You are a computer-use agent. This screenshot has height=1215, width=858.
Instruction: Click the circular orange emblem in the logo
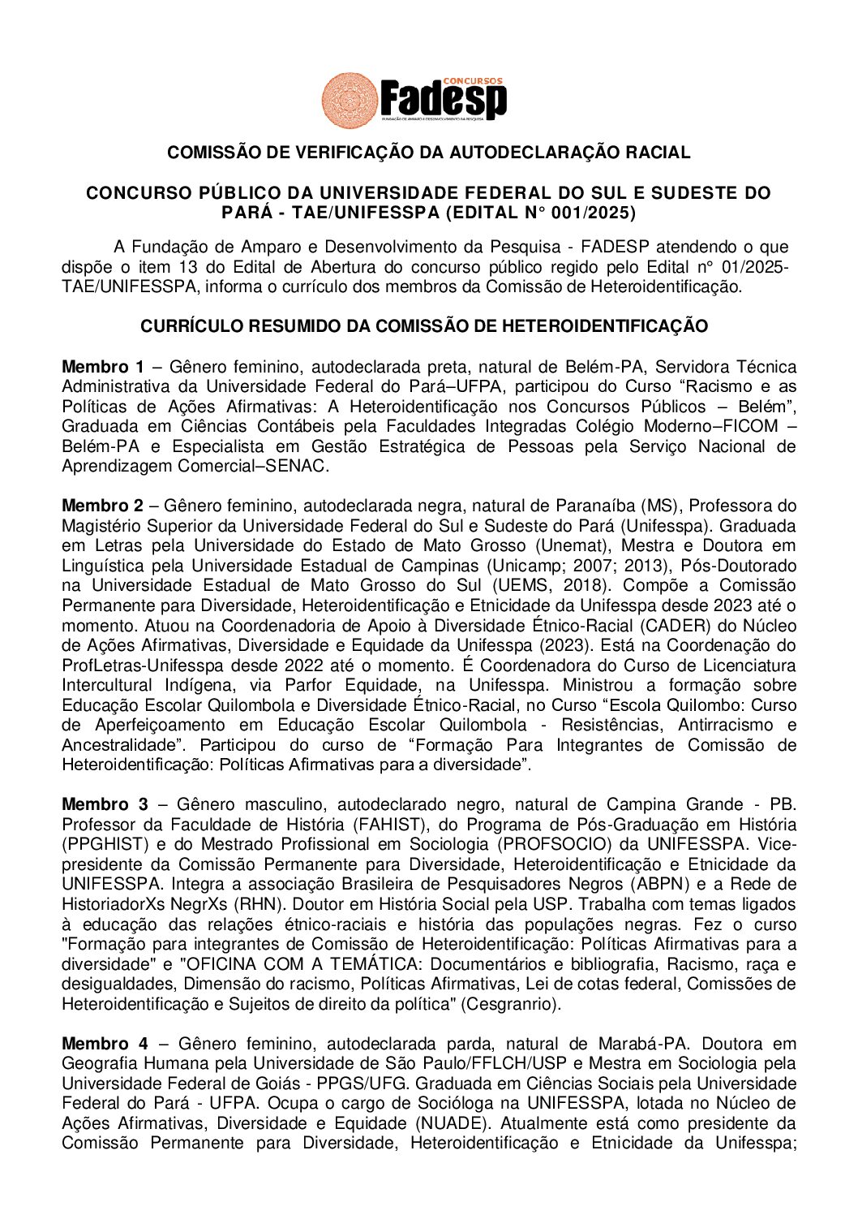pos(350,101)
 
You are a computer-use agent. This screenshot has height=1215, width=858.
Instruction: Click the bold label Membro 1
pos(103,367)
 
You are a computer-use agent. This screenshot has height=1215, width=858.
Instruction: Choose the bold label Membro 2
pos(103,506)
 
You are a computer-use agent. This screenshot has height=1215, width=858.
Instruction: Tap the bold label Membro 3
pos(105,804)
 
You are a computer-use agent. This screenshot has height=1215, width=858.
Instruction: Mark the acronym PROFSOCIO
pos(547,844)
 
